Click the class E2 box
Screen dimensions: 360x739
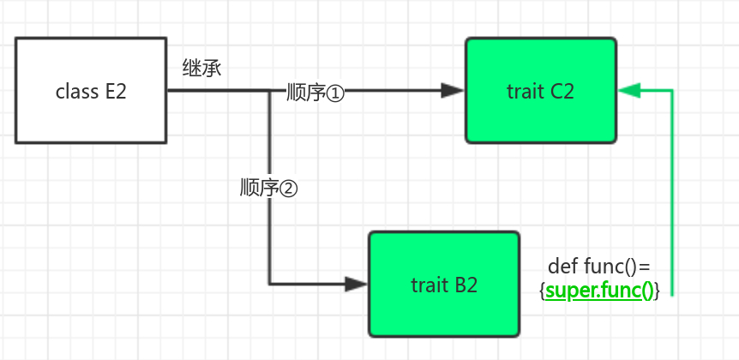point(90,90)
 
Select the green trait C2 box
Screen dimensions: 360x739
point(540,90)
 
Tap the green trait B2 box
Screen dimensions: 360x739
point(444,284)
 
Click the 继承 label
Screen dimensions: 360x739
point(201,69)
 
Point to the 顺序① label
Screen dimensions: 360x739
point(315,93)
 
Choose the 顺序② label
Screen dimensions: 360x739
point(268,189)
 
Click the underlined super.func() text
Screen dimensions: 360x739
point(599,291)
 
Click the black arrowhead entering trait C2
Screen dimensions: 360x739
point(452,90)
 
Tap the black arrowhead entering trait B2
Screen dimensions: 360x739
point(356,284)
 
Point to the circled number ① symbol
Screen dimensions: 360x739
point(334,93)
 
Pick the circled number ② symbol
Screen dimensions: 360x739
point(288,189)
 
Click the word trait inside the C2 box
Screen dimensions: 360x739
point(523,91)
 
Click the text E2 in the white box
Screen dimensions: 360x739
point(116,91)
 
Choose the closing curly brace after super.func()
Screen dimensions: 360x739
point(657,291)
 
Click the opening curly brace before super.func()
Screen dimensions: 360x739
point(542,291)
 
